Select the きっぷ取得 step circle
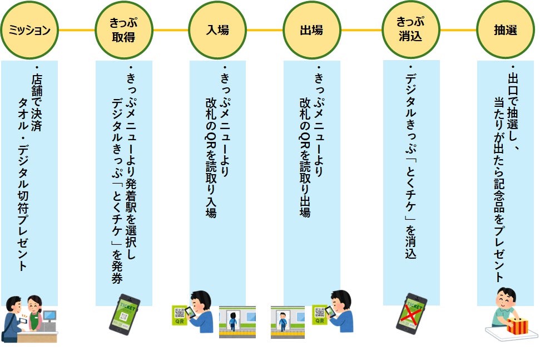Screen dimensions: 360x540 123,29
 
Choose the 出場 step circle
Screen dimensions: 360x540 311,29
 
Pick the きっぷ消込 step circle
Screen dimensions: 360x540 410,29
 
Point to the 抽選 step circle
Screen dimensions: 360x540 505,29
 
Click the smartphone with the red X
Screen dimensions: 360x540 411,314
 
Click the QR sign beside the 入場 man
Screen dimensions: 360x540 180,315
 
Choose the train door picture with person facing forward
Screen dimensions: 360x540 287,322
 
